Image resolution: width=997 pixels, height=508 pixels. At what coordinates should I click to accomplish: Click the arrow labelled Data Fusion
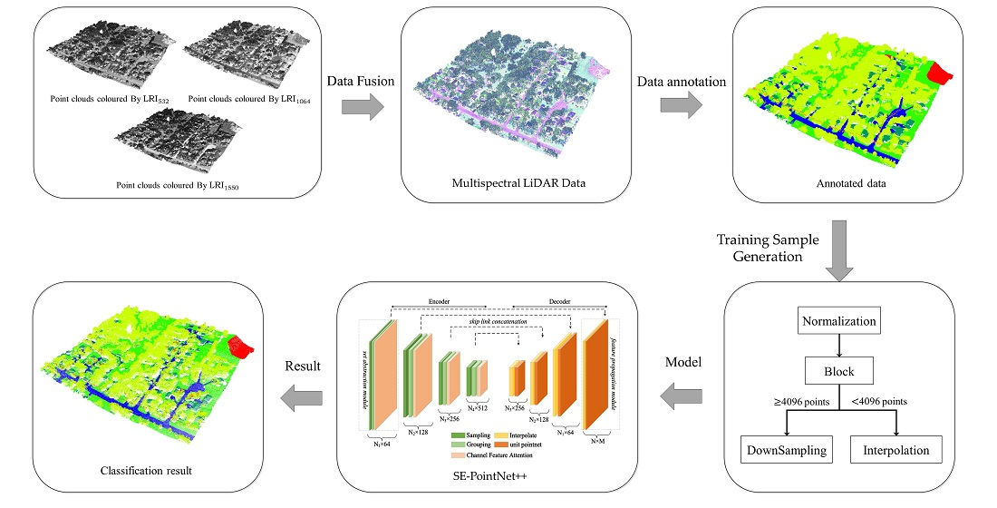tap(361, 107)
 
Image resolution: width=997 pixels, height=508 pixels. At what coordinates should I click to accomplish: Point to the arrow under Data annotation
tap(682, 107)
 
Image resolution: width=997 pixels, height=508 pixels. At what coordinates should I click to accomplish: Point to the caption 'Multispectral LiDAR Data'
tap(517, 184)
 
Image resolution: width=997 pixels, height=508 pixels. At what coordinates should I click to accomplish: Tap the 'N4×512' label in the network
tap(477, 405)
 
